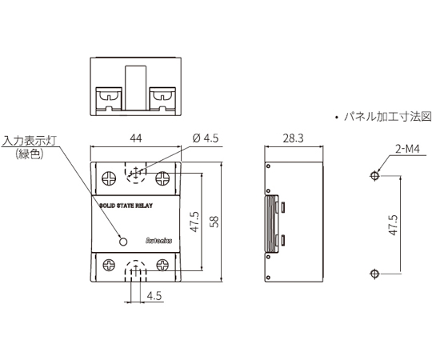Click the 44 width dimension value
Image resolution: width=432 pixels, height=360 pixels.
coord(136,138)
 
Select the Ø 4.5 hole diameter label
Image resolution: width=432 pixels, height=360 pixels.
coord(206,138)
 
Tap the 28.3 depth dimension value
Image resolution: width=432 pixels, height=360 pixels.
coord(294,138)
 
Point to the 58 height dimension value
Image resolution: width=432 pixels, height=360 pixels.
coord(214,222)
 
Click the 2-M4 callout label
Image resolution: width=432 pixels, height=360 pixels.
coord(407,149)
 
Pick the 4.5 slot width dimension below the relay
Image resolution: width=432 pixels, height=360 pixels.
coord(154,296)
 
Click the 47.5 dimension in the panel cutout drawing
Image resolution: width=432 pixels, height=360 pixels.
coord(394,225)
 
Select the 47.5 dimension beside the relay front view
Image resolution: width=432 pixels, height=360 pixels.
coord(194,222)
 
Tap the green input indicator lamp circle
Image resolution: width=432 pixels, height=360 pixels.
coord(123,242)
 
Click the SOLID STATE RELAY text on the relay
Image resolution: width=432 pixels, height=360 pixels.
coord(126,206)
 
